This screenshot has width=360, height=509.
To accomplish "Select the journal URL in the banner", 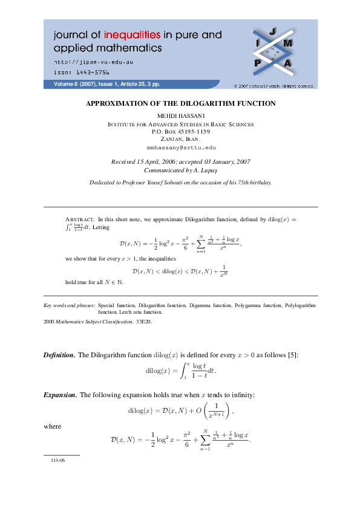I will coord(94,62).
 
